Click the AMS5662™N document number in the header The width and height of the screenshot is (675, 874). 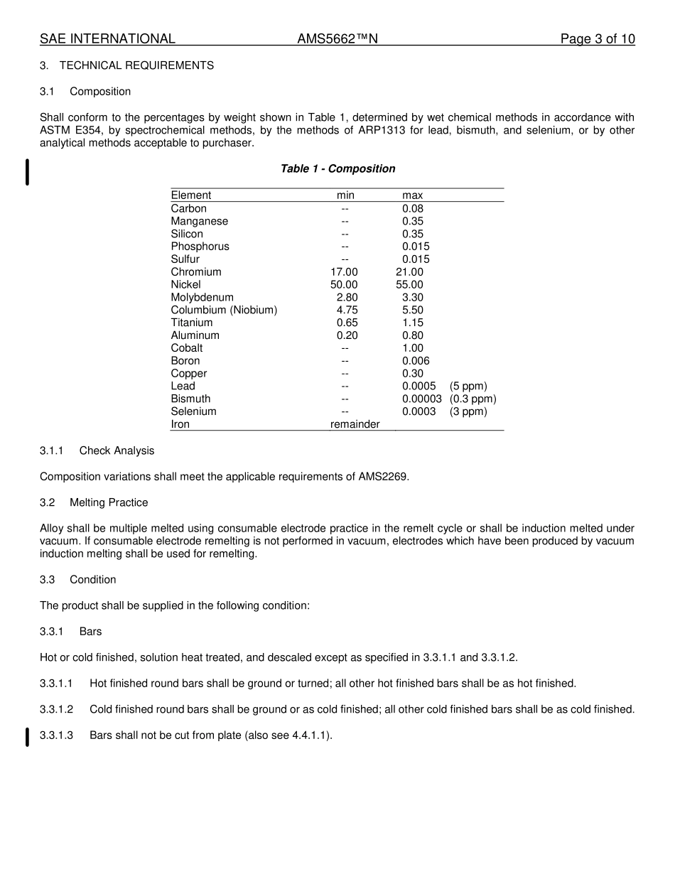pos(337,39)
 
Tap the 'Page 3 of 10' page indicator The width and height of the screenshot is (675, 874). pos(597,39)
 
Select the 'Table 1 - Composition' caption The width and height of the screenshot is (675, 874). pos(337,168)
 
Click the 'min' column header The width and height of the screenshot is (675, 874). pos(345,195)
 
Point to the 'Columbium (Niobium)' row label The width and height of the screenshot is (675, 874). pos(224,310)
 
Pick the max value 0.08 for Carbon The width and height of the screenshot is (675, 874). pos(412,208)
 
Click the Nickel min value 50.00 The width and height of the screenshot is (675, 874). pos(344,284)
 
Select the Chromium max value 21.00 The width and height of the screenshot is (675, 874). pos(409,272)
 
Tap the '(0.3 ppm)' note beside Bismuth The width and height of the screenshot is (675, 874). pos(472,399)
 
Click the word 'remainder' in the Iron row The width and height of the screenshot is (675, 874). pos(355,424)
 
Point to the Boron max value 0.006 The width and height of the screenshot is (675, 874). pos(416,361)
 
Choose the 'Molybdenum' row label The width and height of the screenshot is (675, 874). pos(202,297)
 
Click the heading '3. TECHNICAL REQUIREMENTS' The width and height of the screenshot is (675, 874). pos(126,65)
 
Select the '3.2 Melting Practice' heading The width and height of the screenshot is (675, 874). pos(94,502)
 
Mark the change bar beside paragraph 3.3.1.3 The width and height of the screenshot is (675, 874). pos(27,737)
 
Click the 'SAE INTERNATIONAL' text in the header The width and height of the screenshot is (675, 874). pos(107,39)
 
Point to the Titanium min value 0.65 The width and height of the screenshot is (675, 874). pos(347,323)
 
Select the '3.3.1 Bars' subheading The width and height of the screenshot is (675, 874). pos(71,631)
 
